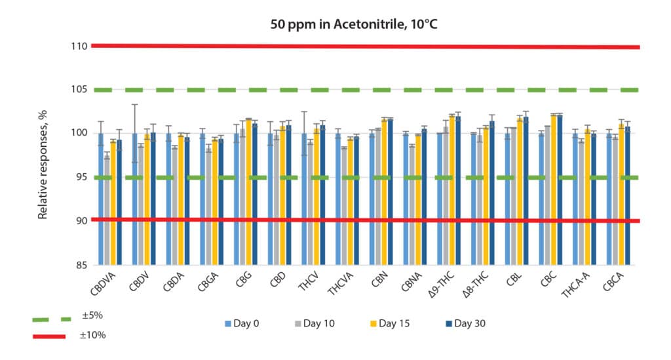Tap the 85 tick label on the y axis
[x=81, y=266]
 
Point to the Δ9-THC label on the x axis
[x=445, y=286]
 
